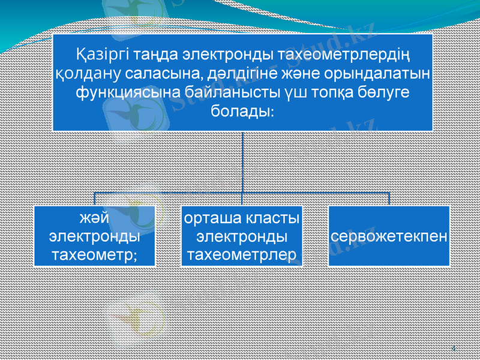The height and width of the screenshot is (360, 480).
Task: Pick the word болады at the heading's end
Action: click(x=242, y=112)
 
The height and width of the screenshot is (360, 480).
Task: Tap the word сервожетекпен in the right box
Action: click(x=389, y=235)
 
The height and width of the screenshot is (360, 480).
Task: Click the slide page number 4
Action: click(x=453, y=349)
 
